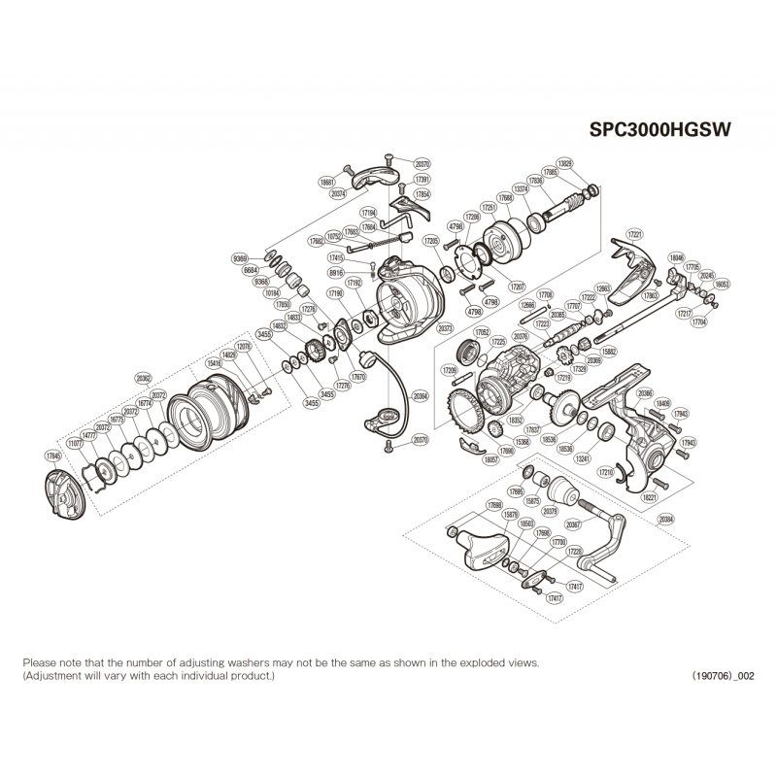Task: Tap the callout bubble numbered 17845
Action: point(52,455)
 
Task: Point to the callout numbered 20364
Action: point(421,396)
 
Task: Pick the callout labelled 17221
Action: point(636,234)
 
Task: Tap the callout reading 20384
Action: point(666,520)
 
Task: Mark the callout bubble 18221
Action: point(649,495)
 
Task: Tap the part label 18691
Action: point(326,181)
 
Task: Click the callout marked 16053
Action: point(722,285)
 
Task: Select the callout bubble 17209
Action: point(448,370)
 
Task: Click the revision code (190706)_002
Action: point(723,675)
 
